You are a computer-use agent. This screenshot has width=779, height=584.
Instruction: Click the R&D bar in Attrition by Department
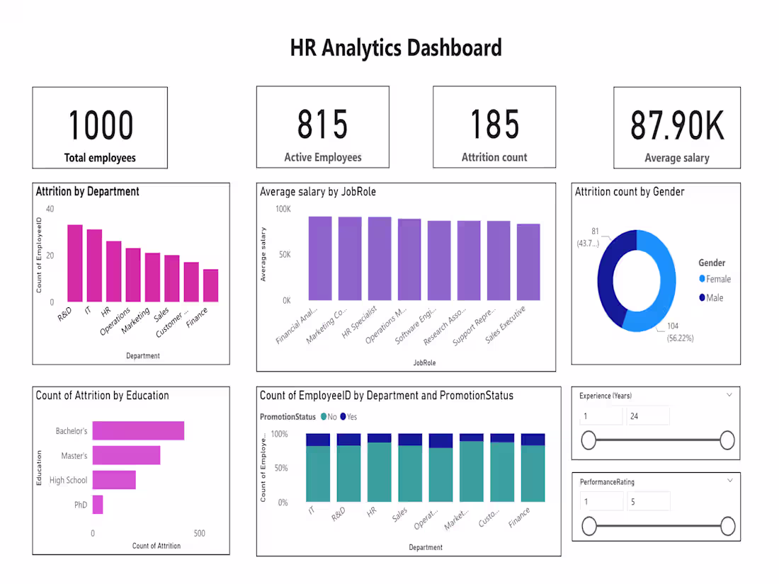(x=75, y=263)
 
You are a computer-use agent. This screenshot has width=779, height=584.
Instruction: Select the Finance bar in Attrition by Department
(x=210, y=285)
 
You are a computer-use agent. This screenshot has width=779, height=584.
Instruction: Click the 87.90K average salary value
(x=677, y=125)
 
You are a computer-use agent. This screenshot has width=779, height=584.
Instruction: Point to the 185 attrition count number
(x=494, y=124)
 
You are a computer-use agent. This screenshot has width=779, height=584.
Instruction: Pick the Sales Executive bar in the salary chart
(x=528, y=262)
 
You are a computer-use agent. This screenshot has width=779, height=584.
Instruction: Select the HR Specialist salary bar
(x=380, y=258)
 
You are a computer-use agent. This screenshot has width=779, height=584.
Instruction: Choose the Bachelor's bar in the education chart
(x=138, y=430)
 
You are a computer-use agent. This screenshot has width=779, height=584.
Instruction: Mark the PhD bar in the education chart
(x=98, y=505)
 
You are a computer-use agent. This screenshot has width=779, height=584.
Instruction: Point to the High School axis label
(x=68, y=481)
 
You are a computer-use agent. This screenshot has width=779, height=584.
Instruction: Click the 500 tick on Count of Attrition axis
(x=200, y=533)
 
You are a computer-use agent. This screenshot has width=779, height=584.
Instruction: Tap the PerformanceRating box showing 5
(x=647, y=502)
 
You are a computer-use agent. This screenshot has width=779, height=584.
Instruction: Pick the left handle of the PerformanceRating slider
(x=588, y=526)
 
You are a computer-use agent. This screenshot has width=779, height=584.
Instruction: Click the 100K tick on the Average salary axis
(x=283, y=209)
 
